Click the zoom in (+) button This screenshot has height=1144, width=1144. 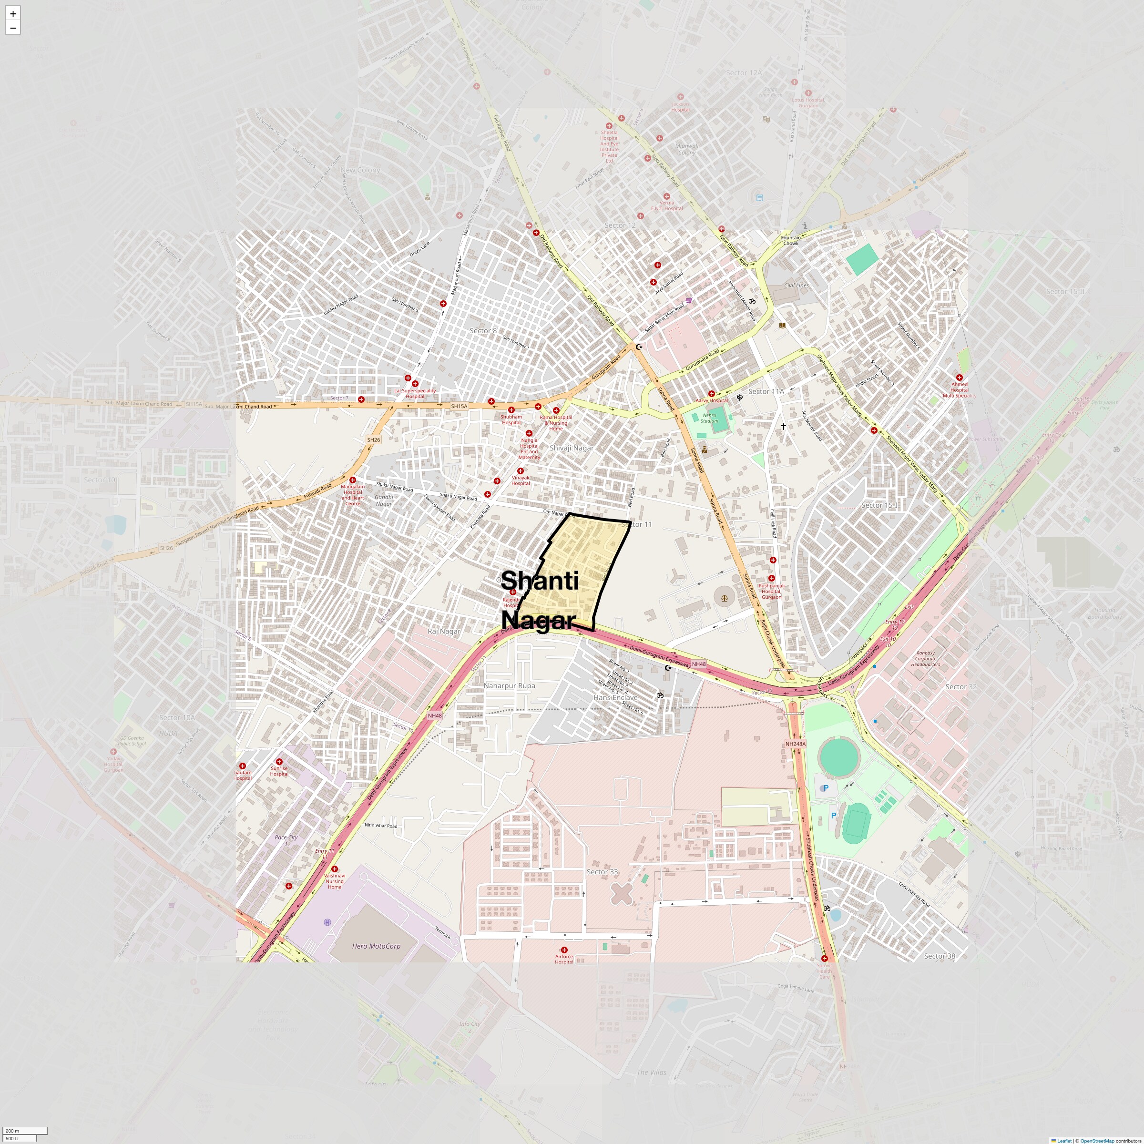(x=12, y=13)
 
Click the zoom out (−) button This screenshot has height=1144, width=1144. (x=12, y=28)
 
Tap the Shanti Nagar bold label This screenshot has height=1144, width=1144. (x=540, y=600)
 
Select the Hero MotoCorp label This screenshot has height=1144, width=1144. (x=376, y=946)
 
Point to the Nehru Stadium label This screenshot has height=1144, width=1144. (x=709, y=418)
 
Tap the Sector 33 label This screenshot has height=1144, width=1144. (x=602, y=872)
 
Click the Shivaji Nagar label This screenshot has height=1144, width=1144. (x=572, y=448)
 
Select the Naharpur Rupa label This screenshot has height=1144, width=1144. (x=509, y=686)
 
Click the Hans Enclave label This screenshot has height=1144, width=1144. (x=615, y=697)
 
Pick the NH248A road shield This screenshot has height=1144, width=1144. (x=795, y=744)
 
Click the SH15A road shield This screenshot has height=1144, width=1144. (x=459, y=406)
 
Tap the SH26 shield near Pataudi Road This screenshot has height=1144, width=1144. (x=374, y=440)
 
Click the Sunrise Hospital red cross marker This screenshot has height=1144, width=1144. (x=279, y=762)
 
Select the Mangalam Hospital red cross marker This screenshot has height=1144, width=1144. (x=352, y=480)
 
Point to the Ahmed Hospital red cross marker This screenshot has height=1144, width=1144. (x=959, y=377)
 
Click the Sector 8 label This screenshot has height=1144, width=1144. (x=483, y=330)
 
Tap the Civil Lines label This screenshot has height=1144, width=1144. (x=796, y=286)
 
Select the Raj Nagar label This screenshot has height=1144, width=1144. (x=443, y=631)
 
